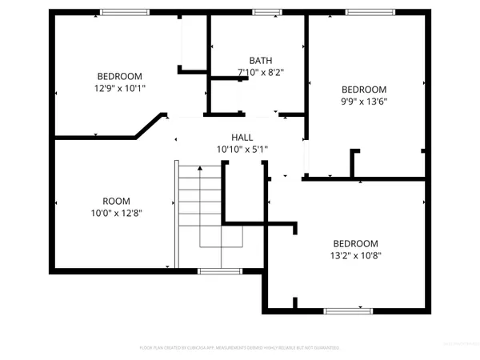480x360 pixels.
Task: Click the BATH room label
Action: coord(260,60)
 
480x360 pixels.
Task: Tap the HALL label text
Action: coord(242,137)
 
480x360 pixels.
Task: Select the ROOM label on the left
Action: coord(116,200)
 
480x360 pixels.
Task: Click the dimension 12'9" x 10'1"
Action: coord(120,88)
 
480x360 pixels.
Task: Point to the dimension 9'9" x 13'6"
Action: coord(364,101)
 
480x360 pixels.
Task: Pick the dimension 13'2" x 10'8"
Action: coord(355,255)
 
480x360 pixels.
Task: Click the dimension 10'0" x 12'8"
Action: coord(116,212)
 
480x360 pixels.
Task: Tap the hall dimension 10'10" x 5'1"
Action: coord(242,149)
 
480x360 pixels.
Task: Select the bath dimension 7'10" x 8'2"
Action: coord(261,72)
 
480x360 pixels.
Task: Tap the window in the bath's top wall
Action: coord(262,12)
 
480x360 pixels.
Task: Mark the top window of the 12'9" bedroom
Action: coord(125,12)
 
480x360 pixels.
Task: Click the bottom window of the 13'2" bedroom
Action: coord(348,310)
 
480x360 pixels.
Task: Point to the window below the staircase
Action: coord(220,271)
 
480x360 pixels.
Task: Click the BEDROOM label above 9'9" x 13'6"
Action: coord(364,89)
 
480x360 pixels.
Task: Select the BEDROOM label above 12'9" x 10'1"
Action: coord(120,76)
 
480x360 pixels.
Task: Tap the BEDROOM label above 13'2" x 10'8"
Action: coord(355,243)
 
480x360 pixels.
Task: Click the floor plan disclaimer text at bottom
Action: coord(240,348)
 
